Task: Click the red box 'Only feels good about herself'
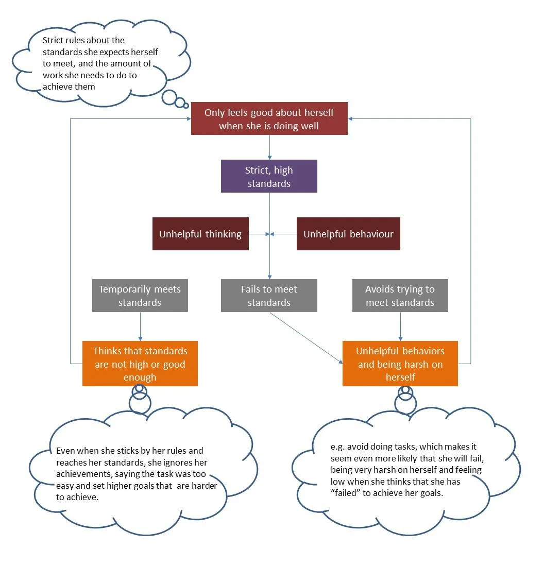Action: (269, 118)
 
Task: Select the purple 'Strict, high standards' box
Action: (269, 176)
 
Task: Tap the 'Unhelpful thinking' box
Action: (200, 234)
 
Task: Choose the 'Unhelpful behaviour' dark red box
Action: (348, 234)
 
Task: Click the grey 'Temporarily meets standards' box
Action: (140, 296)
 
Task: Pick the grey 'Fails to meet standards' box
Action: (269, 296)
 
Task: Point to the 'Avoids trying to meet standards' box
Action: (400, 296)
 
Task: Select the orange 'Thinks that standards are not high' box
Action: (140, 364)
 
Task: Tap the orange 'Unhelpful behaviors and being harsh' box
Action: (400, 364)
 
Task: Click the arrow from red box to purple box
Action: (269, 147)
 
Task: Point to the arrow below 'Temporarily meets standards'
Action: (140, 326)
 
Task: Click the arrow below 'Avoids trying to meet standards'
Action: (400, 326)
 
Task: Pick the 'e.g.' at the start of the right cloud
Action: (337, 447)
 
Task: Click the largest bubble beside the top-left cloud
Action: (169, 97)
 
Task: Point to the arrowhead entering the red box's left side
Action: (188, 119)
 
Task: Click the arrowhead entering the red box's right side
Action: (351, 119)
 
